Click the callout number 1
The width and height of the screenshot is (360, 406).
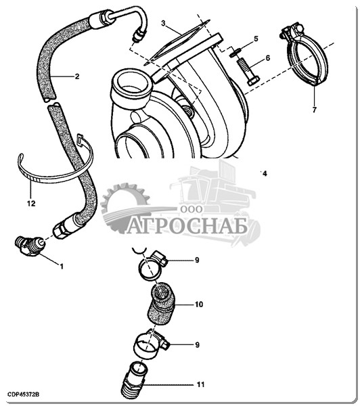[62, 266]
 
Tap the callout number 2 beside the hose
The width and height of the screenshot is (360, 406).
[77, 76]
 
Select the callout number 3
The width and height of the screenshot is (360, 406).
[163, 23]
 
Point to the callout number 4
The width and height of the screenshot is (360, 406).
[265, 173]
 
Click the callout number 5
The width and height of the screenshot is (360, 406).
[256, 39]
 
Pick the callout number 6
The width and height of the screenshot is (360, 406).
[267, 58]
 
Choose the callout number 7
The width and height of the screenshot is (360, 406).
[315, 110]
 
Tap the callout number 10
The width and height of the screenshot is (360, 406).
[199, 304]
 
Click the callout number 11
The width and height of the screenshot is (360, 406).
[200, 385]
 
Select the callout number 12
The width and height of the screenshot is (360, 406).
[31, 204]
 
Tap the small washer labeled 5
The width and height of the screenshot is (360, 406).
[235, 52]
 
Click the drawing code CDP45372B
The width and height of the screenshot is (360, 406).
[23, 395]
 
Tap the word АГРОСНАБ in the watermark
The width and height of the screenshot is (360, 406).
[187, 227]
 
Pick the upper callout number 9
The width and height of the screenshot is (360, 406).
[197, 260]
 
